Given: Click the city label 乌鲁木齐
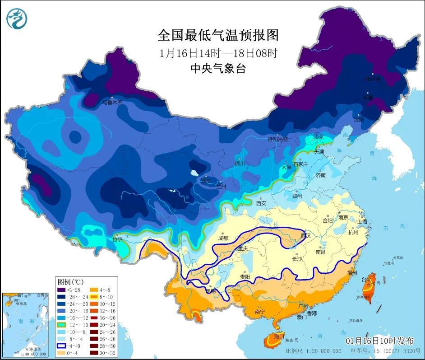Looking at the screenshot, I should tap(111, 103).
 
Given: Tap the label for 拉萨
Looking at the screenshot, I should tap(117, 240).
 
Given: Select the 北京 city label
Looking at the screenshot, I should tap(319, 136).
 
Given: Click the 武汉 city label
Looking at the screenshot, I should tap(306, 236).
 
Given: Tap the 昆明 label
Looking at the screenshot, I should tap(210, 291).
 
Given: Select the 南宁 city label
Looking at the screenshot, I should tap(260, 311).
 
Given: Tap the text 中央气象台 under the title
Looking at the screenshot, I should tap(218, 68).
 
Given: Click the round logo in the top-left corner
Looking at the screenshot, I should tap(17, 19).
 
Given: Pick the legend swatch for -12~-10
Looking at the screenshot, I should tap(61, 325).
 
